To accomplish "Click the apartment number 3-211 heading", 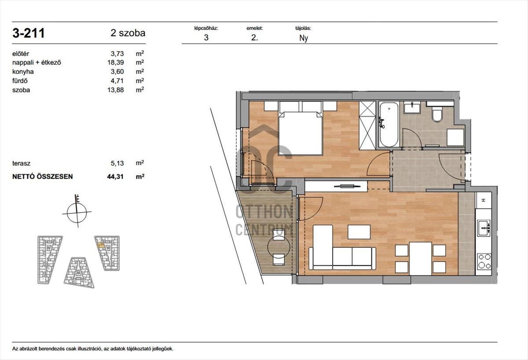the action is (29, 33).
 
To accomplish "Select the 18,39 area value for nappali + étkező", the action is (115, 62).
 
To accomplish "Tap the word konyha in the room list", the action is (23, 71).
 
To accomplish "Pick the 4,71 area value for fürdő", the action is (117, 81).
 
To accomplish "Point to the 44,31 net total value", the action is (115, 176).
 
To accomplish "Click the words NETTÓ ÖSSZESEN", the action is (42, 176).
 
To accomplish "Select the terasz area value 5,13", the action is (117, 163).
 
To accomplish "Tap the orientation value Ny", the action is (304, 38).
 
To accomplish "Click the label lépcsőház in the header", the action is (206, 28).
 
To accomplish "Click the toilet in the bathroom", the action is (437, 114).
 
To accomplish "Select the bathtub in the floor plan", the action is (389, 125).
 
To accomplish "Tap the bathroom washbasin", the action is (412, 107).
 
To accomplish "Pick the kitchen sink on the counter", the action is (484, 228).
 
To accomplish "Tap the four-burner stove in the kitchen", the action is (484, 261).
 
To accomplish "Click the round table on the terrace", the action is (279, 246).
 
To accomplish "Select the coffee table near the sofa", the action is (359, 232).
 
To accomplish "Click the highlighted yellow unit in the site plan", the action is (101, 245).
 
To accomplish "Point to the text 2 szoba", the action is (128, 33).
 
